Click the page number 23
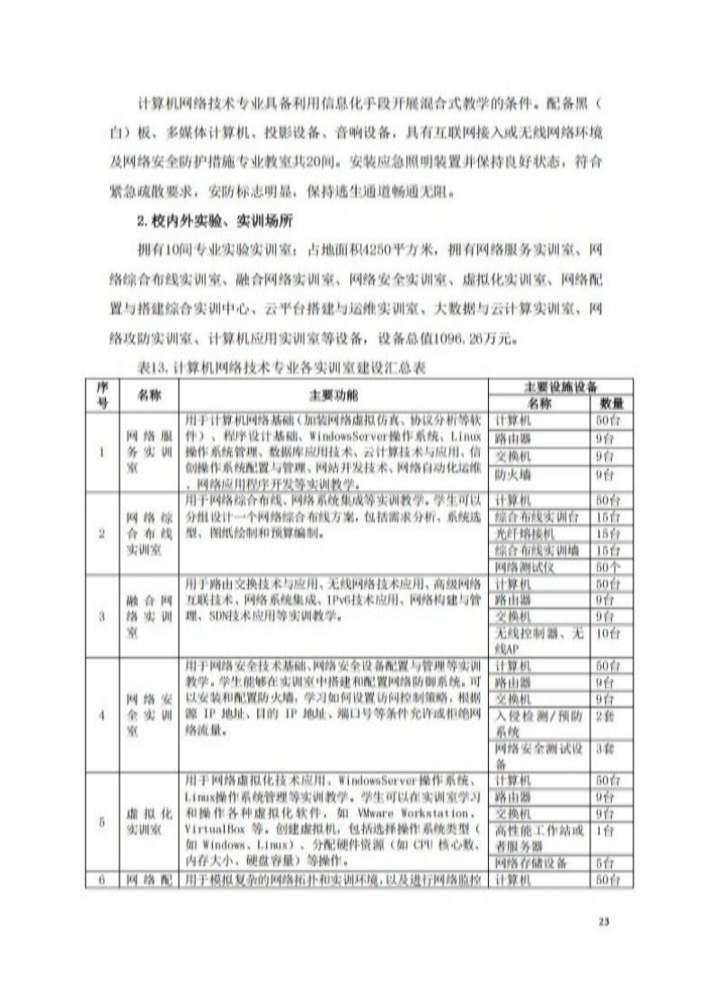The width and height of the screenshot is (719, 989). (x=604, y=919)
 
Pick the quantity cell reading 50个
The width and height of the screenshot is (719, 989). (x=608, y=567)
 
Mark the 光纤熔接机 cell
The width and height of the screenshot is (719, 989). (x=520, y=533)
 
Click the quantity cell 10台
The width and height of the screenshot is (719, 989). (x=608, y=635)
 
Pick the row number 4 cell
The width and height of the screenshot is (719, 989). (x=102, y=715)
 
